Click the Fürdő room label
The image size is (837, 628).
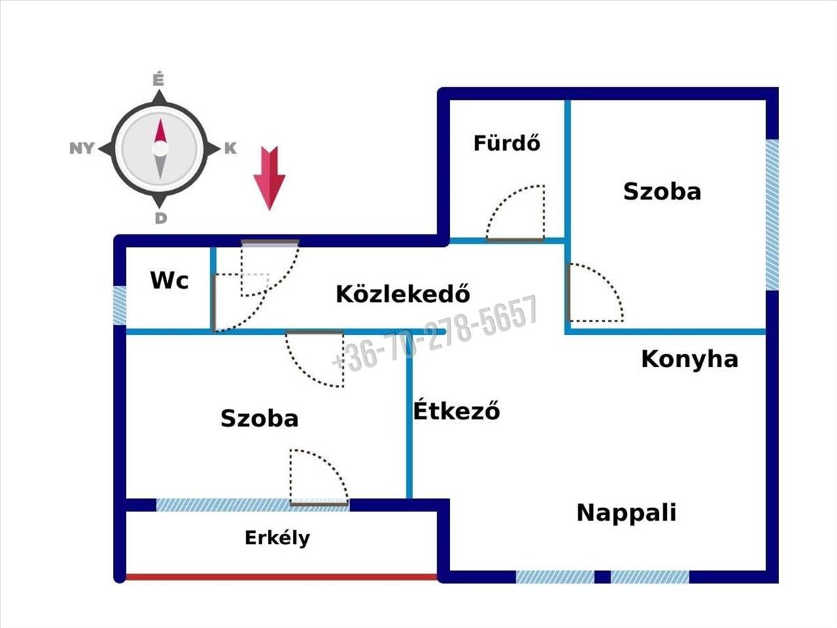tap(507, 143)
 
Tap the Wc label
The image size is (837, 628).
tap(169, 281)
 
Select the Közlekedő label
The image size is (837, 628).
tap(402, 294)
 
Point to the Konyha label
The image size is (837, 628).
tap(689, 359)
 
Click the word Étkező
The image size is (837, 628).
tap(456, 410)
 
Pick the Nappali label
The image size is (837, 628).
tap(626, 513)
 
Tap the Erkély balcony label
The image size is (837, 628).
tap(277, 538)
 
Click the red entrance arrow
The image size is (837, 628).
tap(269, 178)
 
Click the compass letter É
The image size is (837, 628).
tap(158, 80)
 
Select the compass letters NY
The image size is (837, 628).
tap(82, 149)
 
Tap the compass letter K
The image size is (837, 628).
tap(230, 149)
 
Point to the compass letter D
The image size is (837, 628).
tap(160, 218)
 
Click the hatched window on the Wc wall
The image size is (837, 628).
tap(120, 306)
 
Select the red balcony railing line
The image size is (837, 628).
tap(281, 577)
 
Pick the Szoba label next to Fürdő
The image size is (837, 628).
tap(663, 191)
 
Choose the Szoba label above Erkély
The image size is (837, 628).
tap(259, 418)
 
